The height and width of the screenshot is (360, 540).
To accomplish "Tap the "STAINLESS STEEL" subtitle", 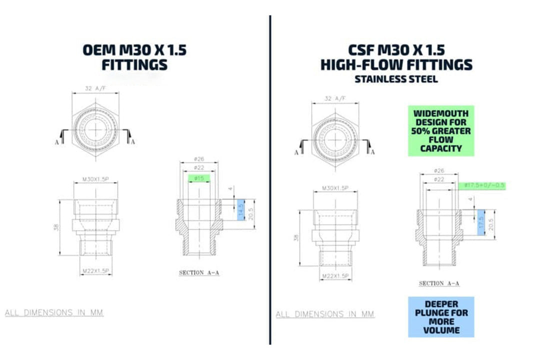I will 395,78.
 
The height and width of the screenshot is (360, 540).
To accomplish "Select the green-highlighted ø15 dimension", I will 199,178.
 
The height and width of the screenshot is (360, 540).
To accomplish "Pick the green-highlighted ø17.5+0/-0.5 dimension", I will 481,185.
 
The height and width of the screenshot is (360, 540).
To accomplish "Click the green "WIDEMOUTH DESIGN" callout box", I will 440,131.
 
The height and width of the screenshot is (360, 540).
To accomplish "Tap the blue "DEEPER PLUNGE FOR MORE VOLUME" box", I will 441,317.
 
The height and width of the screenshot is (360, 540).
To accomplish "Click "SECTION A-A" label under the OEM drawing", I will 199,273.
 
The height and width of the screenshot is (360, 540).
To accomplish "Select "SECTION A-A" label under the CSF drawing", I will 439,283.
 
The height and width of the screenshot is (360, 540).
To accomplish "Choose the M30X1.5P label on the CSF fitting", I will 334,188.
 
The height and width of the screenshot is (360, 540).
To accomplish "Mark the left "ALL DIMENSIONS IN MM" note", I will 54,313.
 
